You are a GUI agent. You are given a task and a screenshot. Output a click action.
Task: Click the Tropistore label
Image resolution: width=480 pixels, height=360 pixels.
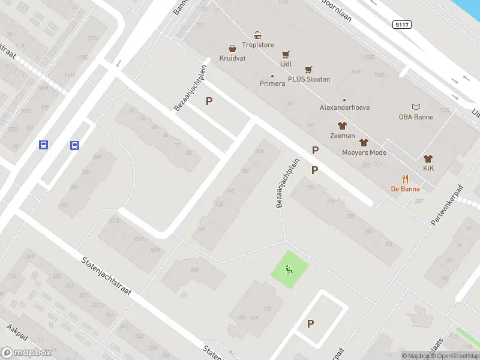[x=257, y=44]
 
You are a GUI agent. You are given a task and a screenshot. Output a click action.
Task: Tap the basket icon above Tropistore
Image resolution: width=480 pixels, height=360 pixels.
[x=257, y=35]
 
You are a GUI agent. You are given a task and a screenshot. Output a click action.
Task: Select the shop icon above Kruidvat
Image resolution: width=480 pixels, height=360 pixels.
[x=232, y=49]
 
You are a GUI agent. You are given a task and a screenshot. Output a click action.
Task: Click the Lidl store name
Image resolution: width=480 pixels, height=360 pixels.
[x=286, y=63]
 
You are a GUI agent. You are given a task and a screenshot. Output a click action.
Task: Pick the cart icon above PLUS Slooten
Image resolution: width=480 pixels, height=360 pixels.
[x=308, y=70]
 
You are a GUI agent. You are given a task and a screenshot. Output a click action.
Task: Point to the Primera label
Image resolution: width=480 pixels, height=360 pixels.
[x=272, y=83]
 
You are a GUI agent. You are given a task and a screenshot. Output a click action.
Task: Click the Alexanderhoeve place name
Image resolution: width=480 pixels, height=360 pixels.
[x=344, y=107]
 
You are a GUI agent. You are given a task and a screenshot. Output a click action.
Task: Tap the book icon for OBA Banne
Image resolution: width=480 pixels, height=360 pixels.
[x=416, y=107]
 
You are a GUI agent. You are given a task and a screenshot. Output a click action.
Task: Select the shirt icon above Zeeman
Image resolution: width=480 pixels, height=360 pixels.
[x=342, y=126]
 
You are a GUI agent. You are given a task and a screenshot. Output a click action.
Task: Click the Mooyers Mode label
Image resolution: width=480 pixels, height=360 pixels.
[x=364, y=152]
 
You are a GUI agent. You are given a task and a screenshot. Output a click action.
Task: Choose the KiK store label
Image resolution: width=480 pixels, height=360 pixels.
[x=428, y=168]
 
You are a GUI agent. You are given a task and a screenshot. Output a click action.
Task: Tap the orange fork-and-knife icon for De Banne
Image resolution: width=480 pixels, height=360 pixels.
[x=406, y=178]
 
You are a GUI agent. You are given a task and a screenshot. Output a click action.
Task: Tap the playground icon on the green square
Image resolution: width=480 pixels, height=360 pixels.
[x=289, y=269]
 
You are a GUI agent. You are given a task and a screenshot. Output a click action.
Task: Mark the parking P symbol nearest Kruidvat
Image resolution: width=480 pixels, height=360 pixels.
[x=209, y=101]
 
